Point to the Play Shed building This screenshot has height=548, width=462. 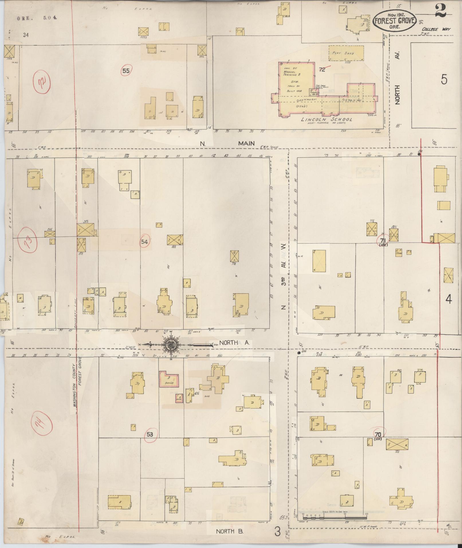pyautogui.click(x=346, y=53)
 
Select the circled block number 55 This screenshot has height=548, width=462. pyautogui.click(x=126, y=71)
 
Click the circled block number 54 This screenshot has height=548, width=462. pyautogui.click(x=144, y=242)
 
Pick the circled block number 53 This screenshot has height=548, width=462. pyautogui.click(x=150, y=434)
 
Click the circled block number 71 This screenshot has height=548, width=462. pyautogui.click(x=383, y=239)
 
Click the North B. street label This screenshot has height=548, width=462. pyautogui.click(x=230, y=531)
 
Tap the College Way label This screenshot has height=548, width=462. pyautogui.click(x=432, y=29)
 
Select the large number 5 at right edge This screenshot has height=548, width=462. pyautogui.click(x=444, y=79)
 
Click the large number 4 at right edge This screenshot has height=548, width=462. pyautogui.click(x=448, y=299)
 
